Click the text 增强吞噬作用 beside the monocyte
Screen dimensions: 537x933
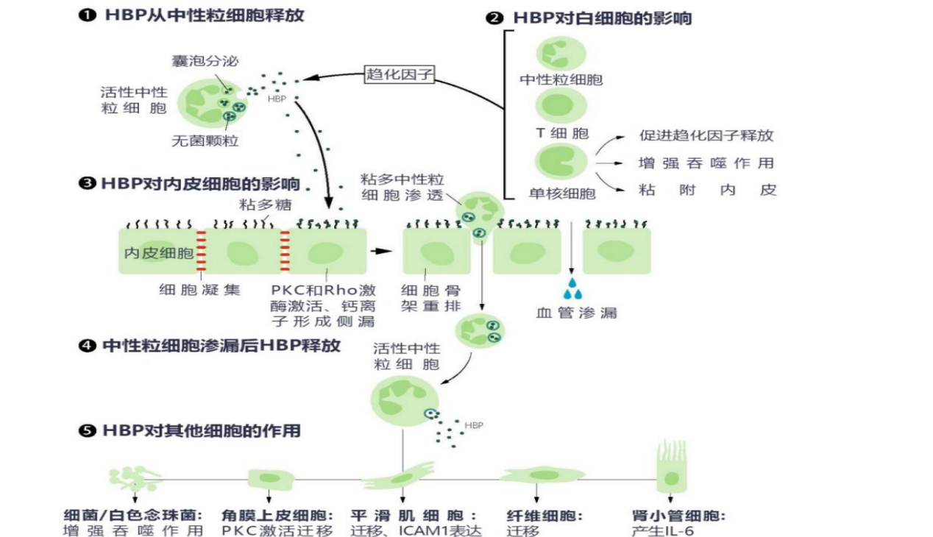706,163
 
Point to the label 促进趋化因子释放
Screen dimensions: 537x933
706,136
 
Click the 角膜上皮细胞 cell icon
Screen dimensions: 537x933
265,479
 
